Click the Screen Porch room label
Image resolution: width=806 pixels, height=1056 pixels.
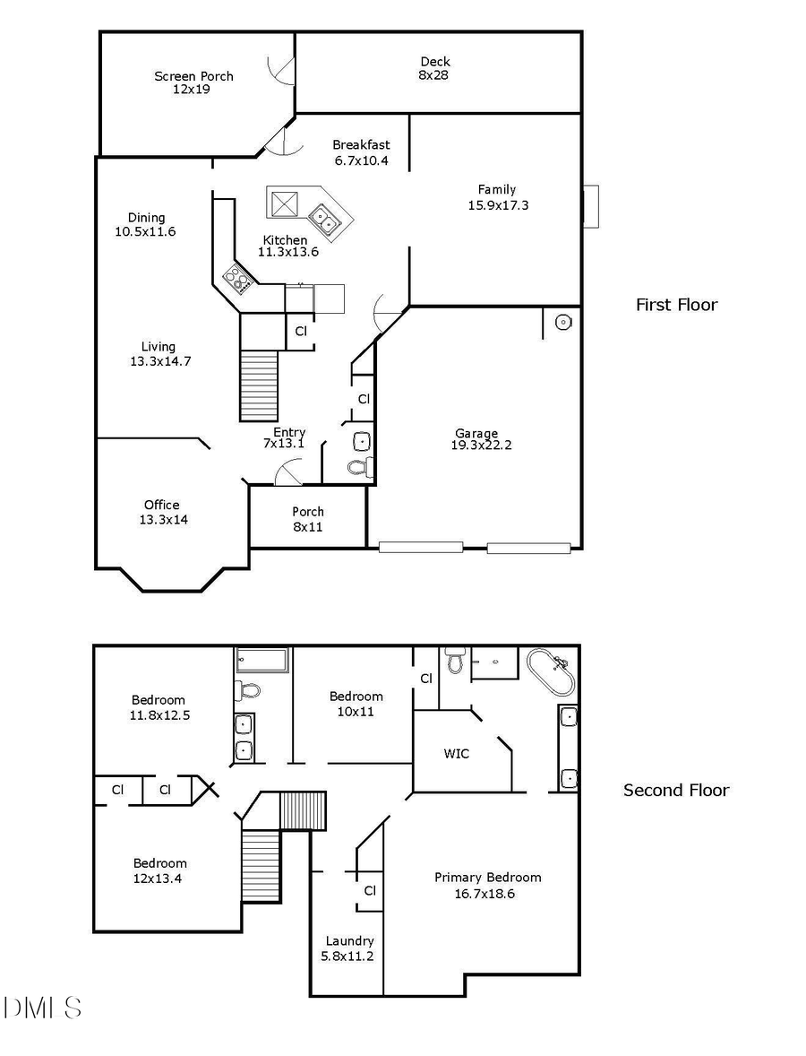193,82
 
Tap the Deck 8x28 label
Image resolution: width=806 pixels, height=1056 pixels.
435,68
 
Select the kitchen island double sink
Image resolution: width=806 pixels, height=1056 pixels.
323,218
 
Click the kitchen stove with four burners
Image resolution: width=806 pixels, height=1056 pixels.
238,280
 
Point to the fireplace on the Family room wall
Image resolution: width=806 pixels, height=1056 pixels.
590,206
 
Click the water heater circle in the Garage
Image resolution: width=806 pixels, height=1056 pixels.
563,322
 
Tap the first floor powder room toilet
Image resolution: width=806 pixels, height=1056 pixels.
359,467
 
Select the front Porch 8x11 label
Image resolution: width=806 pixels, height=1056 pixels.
308,519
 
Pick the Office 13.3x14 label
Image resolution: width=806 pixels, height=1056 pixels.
162,512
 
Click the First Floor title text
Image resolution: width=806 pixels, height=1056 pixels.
676,305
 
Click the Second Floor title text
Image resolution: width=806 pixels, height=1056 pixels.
676,791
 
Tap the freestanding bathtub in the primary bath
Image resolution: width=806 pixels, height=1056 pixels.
550,672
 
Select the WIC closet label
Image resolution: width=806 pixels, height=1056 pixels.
456,753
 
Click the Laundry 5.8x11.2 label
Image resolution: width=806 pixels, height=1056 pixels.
349,948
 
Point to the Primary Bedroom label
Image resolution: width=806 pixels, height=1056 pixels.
487,885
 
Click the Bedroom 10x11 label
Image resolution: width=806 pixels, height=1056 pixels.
356,704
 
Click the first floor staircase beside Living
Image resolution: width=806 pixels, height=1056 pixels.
259,385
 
